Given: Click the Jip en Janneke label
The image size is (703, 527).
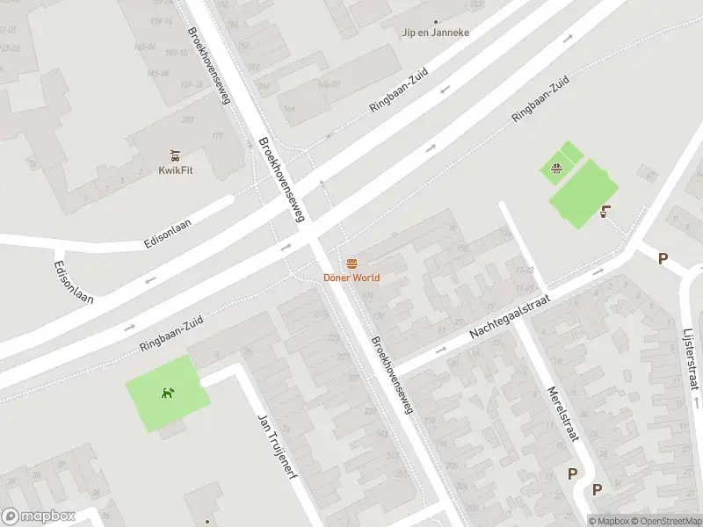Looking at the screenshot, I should (x=435, y=32).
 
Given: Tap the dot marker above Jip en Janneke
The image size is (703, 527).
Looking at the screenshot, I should (x=435, y=21).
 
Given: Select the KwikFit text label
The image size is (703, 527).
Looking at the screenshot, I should (x=176, y=170).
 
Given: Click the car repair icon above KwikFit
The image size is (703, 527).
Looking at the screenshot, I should (x=175, y=154).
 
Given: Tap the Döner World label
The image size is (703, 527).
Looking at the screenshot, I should (x=351, y=278).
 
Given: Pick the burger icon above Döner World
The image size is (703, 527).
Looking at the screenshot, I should (x=351, y=263).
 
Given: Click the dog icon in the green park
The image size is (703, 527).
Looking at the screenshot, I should (x=167, y=393).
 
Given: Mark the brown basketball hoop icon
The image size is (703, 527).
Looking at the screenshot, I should (x=605, y=211).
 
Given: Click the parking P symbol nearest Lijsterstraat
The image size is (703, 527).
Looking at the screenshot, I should (x=663, y=258).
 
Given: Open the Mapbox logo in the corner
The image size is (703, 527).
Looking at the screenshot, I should (x=39, y=516).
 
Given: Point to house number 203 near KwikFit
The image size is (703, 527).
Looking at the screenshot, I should (x=186, y=120).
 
